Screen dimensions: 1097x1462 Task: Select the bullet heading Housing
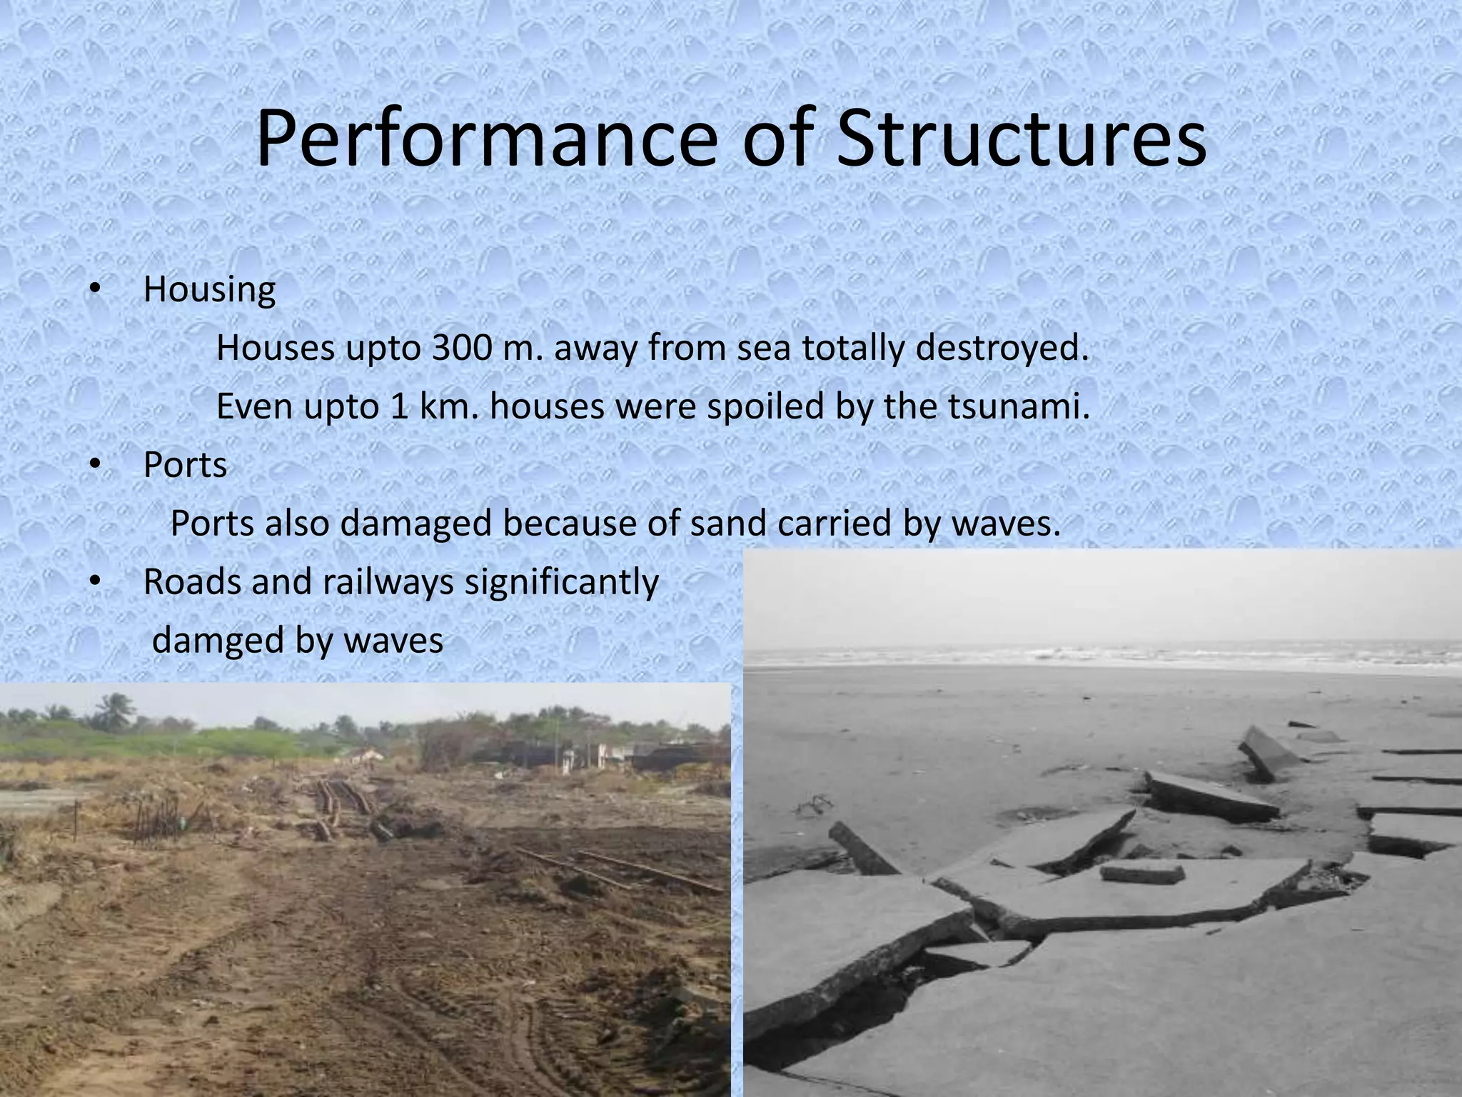209,289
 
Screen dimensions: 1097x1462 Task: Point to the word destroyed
1002,348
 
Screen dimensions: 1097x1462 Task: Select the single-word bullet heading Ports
185,465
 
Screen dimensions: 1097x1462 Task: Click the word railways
388,582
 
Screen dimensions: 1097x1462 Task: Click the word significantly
561,582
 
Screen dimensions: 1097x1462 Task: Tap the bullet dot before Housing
94,289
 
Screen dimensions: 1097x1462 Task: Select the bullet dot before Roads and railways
94,582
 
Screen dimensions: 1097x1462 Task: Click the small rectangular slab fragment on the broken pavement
1141,873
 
